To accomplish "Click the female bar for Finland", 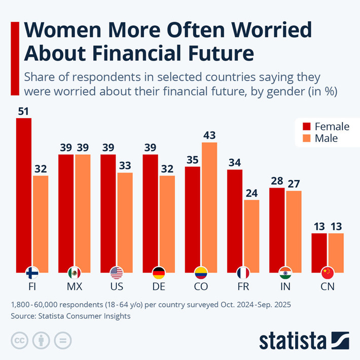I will [24, 193].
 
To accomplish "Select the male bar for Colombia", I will [209, 205].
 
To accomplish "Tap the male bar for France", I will [251, 233].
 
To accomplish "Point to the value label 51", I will [24, 111].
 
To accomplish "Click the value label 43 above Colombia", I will [209, 135].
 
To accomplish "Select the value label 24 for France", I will [251, 193].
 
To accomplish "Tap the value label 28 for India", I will [277, 181].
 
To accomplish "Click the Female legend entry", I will [326, 126].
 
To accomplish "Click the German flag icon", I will [159, 273].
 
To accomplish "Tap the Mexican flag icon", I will [75, 273].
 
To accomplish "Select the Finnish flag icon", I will [32, 273].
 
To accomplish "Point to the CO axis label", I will [201, 287].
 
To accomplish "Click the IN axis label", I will [285, 287].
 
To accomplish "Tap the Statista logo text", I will [294, 340].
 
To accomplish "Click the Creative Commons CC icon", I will [19, 340].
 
